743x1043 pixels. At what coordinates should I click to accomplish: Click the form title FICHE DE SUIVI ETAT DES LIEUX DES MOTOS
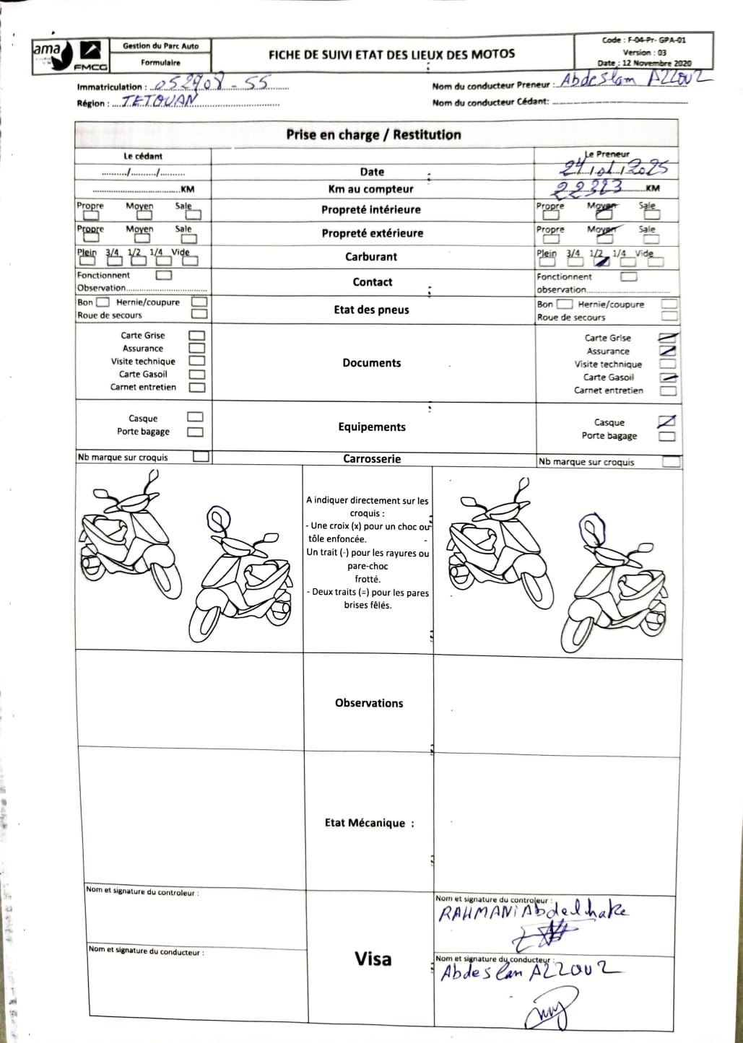click(391, 54)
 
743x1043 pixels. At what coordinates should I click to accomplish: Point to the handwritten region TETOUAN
click(158, 102)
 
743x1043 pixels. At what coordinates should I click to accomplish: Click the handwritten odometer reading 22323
click(587, 188)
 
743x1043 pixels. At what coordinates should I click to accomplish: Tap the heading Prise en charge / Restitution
click(373, 135)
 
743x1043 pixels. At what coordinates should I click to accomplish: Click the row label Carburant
click(371, 257)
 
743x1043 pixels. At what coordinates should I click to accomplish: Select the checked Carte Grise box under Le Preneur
click(668, 338)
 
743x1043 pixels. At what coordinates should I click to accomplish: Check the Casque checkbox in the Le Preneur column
click(667, 422)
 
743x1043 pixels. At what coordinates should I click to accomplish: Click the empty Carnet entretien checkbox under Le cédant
click(196, 388)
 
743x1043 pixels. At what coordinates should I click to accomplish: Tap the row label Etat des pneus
click(371, 310)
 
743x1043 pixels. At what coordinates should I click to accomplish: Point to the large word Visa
click(373, 959)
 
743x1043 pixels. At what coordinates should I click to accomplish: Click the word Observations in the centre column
click(369, 703)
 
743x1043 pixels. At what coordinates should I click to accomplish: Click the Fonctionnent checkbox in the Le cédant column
click(164, 275)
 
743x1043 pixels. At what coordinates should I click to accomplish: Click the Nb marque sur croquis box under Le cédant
click(201, 457)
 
